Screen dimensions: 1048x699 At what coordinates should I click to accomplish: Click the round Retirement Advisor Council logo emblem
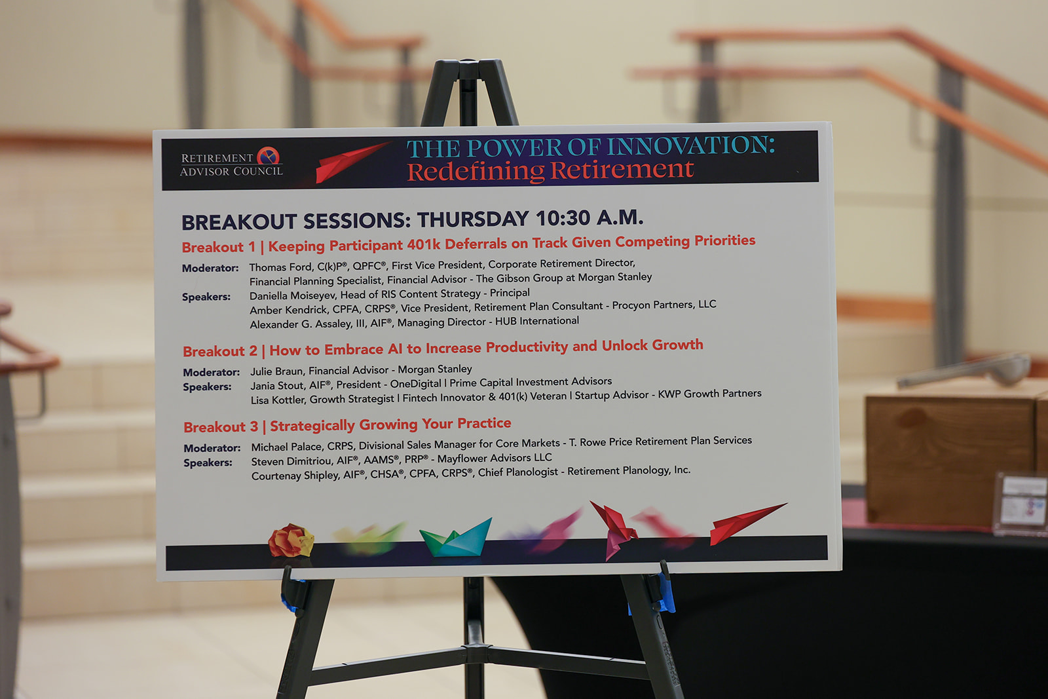coord(268,156)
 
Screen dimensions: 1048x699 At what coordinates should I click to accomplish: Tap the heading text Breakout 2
coord(220,351)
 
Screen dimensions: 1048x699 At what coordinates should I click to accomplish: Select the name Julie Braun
coord(277,371)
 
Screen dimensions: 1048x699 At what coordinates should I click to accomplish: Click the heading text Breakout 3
coord(221,426)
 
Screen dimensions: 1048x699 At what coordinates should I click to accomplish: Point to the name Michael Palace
coord(286,447)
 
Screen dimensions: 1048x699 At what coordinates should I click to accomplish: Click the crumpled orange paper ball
coord(291,540)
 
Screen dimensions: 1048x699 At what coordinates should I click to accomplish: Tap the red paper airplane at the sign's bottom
coord(747,523)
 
